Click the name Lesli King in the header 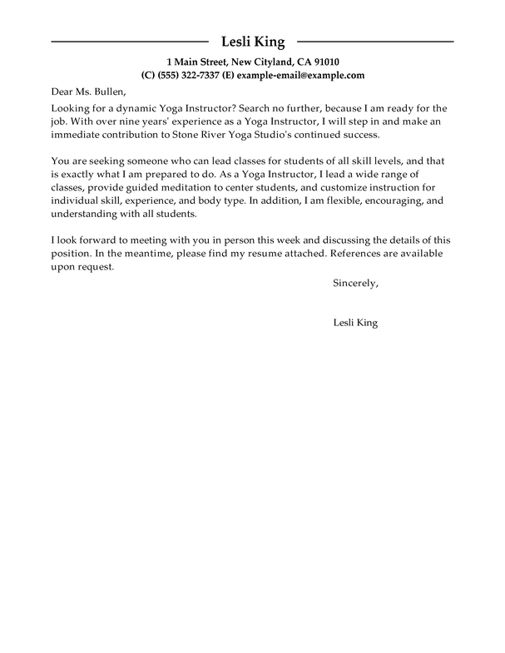pos(253,42)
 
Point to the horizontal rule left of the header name pos(129,42)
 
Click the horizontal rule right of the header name pos(375,42)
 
